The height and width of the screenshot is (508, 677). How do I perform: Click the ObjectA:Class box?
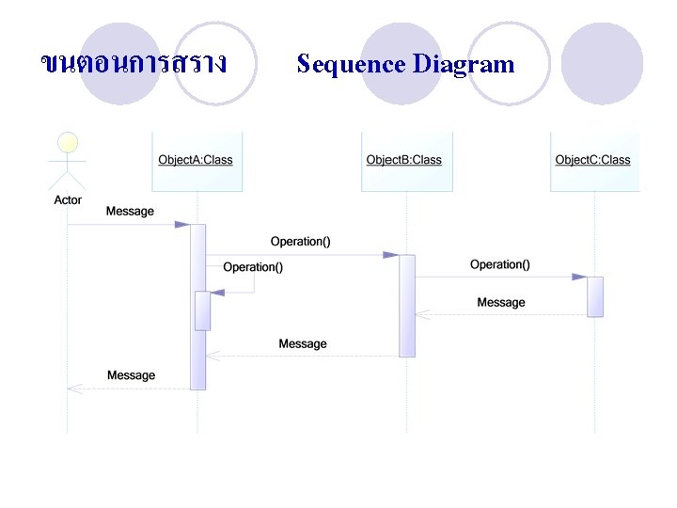196,161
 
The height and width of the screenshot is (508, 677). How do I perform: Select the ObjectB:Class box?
404,161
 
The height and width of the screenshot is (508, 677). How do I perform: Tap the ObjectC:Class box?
593,161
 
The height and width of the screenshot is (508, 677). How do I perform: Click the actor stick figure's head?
68,142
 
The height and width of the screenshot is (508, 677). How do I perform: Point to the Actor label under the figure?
68,199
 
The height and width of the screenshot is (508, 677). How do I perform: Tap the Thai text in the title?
134,63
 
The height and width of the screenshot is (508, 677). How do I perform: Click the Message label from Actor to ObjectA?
130,212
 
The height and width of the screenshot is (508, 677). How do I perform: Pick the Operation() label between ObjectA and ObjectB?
300,242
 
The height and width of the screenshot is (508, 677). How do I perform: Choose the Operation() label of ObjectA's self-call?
253,267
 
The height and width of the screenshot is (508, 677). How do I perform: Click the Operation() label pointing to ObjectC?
499,264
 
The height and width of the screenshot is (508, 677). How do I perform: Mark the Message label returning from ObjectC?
500,302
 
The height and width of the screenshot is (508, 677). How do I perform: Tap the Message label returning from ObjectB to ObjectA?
303,343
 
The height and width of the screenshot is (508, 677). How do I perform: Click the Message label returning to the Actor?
131,375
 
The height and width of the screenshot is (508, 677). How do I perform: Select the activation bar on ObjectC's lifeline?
595,296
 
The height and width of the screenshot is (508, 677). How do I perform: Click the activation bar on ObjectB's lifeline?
406,306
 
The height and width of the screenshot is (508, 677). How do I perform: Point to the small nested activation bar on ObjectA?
202,310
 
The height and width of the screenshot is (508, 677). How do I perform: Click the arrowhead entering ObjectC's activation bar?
579,277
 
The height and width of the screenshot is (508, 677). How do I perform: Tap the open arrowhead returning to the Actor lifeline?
74,388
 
